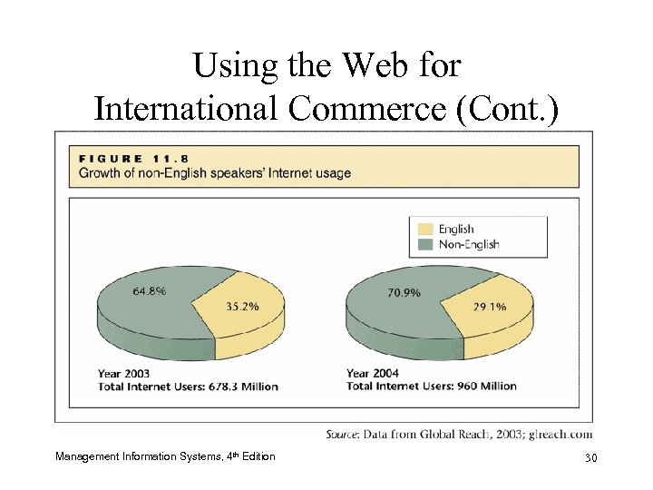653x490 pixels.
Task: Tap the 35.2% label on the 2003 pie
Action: [x=241, y=306]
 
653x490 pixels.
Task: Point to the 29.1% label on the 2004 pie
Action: [x=490, y=307]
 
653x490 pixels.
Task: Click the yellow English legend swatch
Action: [x=423, y=229]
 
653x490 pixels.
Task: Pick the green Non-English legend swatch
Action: [x=423, y=243]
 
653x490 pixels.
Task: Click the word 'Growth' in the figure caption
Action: [x=100, y=172]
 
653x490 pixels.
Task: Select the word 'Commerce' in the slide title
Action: [x=376, y=108]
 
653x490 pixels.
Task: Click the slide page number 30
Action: [x=590, y=456]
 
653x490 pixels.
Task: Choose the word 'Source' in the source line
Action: [x=346, y=436]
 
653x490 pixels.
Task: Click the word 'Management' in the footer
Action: [x=88, y=456]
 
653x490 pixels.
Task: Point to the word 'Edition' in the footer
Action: [x=258, y=456]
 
